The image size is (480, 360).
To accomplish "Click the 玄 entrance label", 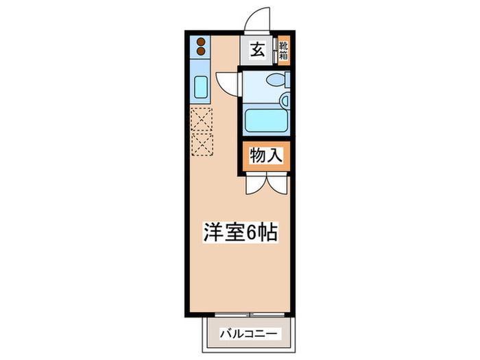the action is pos(258,50).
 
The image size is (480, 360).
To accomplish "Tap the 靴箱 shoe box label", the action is pos(284,51).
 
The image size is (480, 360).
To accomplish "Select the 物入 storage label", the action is pos(266,156).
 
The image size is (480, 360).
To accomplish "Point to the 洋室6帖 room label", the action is pos(240,232).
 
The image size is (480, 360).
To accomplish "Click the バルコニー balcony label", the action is pos(250,333).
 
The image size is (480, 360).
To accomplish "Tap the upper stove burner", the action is pos(200,41).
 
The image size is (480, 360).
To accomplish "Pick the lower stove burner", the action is pos(200,51).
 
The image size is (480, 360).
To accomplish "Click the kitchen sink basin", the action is pos(201,87).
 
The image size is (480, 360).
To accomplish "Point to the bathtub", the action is pos(266,121).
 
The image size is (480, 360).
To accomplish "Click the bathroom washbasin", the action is pos(285,100).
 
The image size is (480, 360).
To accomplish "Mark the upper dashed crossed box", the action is pos(202,119).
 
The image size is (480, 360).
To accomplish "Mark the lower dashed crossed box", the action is pos(202,144).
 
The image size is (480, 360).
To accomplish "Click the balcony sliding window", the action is pos(250,314).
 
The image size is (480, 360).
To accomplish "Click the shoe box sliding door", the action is pos(276,51).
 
